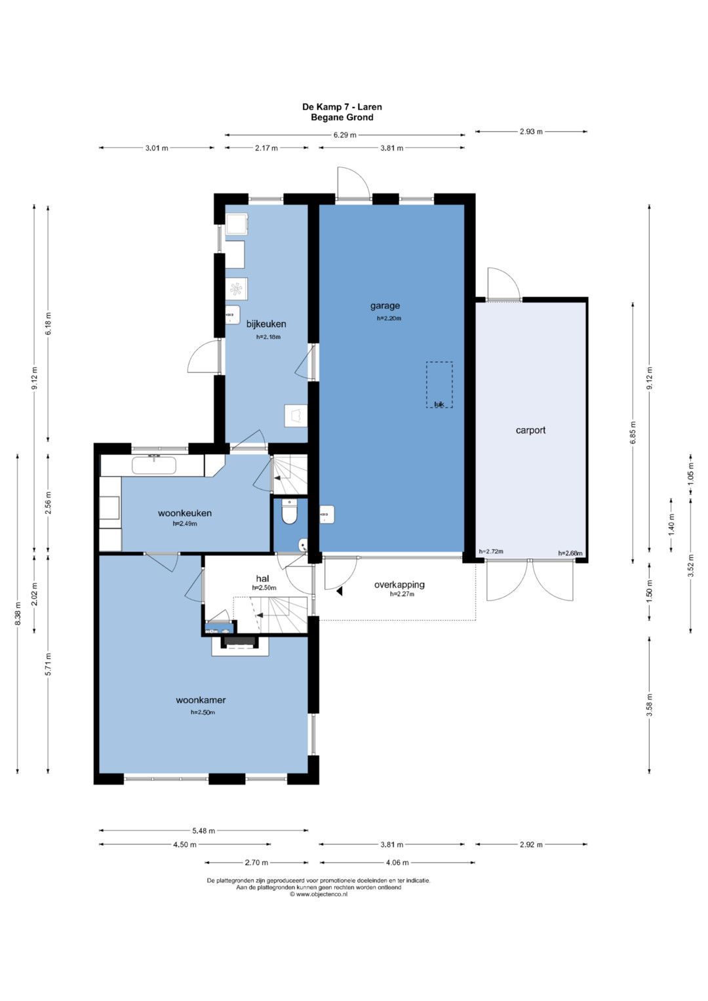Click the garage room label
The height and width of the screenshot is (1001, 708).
click(x=385, y=306)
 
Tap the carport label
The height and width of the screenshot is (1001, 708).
click(x=530, y=430)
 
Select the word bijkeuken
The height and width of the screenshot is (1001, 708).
click(x=266, y=324)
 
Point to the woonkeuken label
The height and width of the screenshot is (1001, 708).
click(x=185, y=513)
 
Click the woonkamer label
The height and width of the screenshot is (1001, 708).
click(x=201, y=700)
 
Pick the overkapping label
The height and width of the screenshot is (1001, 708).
click(x=400, y=585)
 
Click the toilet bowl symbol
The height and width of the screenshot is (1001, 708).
click(x=290, y=512)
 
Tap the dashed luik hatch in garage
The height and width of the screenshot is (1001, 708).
click(x=439, y=385)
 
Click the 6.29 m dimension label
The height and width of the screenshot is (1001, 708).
click(x=345, y=135)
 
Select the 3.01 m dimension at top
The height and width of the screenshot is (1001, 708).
click(x=157, y=148)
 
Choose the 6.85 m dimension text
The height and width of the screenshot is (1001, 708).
click(x=633, y=432)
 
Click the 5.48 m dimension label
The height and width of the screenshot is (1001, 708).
click(x=203, y=831)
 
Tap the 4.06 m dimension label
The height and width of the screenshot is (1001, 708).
click(x=397, y=863)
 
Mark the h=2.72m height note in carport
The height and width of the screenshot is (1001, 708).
click(x=491, y=551)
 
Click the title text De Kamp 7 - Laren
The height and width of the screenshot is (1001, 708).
click(x=342, y=107)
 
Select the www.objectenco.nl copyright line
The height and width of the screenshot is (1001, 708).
click(x=318, y=894)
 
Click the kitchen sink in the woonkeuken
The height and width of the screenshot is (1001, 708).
click(x=154, y=465)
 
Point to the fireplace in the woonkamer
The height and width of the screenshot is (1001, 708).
click(x=241, y=646)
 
